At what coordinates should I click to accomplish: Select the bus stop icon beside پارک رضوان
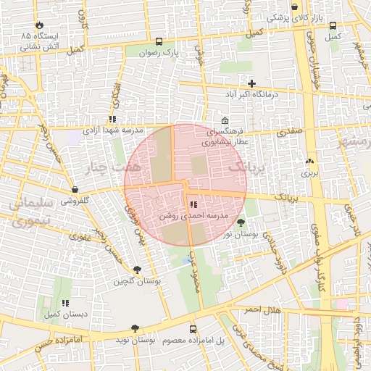pyautogui.click(x=158, y=41)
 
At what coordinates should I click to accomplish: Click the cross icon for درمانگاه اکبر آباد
pyautogui.click(x=251, y=83)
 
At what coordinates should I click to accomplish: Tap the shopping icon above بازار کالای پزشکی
pyautogui.click(x=294, y=7)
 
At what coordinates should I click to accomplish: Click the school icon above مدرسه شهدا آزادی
pyautogui.click(x=112, y=118)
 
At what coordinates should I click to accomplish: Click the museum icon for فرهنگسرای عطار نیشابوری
pyautogui.click(x=225, y=121)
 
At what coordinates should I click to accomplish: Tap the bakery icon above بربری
pyautogui.click(x=310, y=161)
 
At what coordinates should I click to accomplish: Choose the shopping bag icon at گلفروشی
pyautogui.click(x=75, y=190)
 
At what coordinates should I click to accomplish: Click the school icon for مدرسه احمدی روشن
pyautogui.click(x=192, y=205)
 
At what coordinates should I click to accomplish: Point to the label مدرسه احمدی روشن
pyautogui.click(x=193, y=217)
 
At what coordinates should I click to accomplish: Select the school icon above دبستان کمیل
pyautogui.click(x=65, y=303)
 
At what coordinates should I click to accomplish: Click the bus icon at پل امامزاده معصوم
pyautogui.click(x=192, y=328)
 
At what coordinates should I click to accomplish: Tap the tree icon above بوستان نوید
pyautogui.click(x=136, y=328)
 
